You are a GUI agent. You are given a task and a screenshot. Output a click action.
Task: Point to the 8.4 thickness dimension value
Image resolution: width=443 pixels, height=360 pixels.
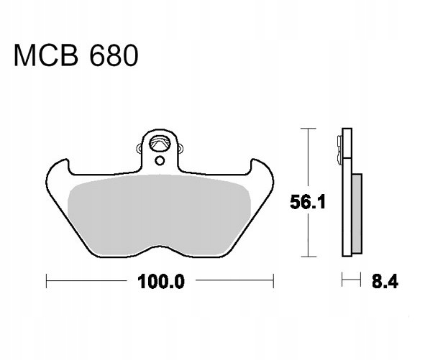click(x=382, y=281)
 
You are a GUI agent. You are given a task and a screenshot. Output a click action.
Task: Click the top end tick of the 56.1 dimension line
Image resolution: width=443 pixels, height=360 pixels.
click(x=308, y=128)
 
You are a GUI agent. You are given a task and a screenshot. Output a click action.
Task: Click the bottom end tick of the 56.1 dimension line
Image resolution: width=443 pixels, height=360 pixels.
click(x=308, y=256)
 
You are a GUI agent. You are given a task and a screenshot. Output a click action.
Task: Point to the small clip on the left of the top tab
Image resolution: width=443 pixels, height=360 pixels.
click(x=139, y=149)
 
